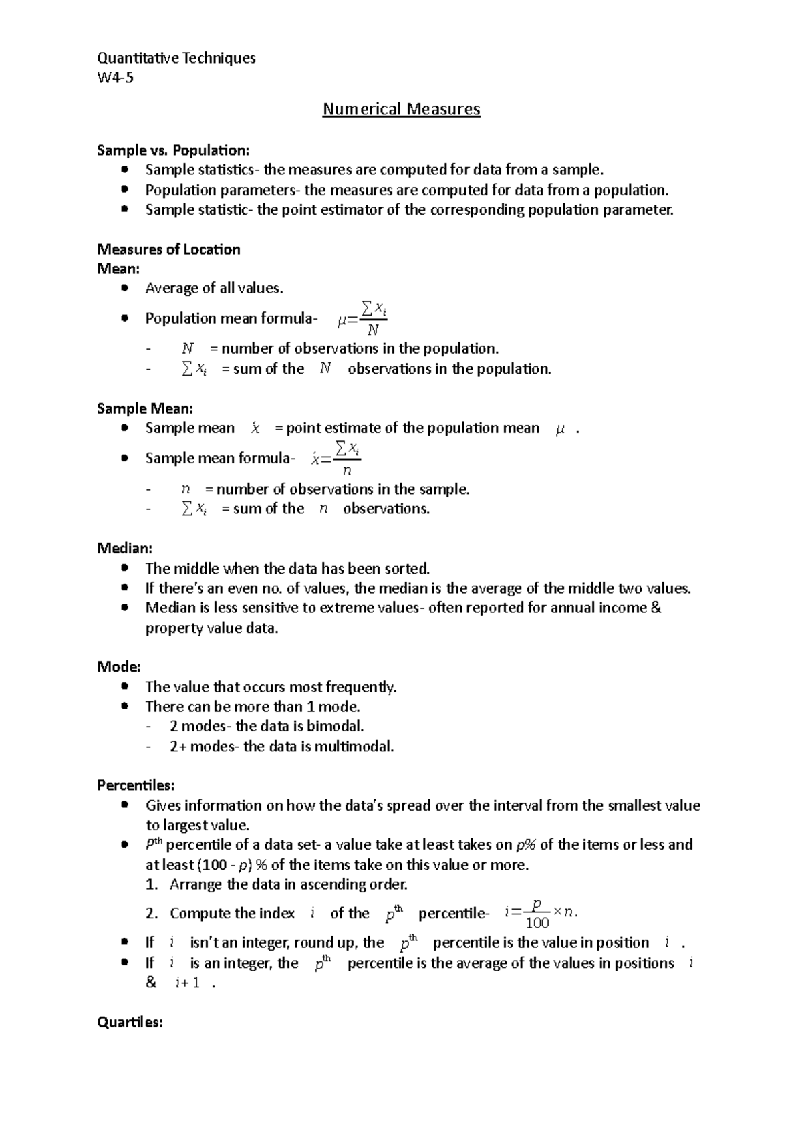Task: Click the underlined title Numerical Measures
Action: point(401,109)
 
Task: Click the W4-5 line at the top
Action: point(115,78)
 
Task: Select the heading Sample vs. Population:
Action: point(173,150)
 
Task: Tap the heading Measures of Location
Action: point(168,249)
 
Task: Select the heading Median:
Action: point(125,549)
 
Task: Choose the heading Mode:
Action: point(119,667)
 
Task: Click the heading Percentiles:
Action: point(136,785)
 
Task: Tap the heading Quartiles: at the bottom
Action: point(130,1023)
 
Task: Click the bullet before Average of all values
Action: point(124,289)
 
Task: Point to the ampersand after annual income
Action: point(656,608)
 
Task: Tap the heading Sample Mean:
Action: point(145,408)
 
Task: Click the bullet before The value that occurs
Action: point(124,687)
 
